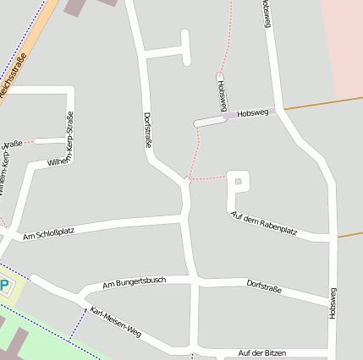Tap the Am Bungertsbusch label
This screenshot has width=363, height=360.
[135, 282]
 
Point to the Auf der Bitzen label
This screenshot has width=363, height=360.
[261, 352]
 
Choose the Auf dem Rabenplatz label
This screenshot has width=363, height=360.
[264, 223]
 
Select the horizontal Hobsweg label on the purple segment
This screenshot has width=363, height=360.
[253, 112]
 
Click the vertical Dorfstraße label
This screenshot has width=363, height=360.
[148, 131]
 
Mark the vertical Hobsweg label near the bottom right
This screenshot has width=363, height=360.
[333, 303]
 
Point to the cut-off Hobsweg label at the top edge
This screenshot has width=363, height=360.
[267, 13]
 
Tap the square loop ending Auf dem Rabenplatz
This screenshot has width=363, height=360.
[239, 181]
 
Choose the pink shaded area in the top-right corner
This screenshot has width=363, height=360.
[348, 42]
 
